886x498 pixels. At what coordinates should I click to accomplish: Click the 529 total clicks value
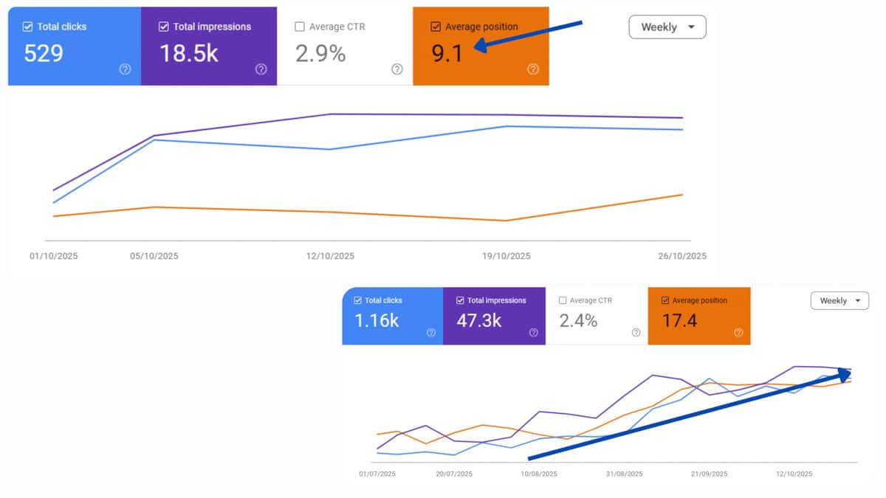43,53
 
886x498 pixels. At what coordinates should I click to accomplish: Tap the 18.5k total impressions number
189,53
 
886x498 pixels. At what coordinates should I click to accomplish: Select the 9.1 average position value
447,53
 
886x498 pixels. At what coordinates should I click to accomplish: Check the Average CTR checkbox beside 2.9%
299,27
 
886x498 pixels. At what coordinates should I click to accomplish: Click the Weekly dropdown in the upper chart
667,27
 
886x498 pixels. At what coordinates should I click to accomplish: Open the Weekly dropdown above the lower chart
839,300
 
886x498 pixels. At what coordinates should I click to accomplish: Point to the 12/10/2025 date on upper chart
329,256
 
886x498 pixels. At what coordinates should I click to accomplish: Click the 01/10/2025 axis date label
53,256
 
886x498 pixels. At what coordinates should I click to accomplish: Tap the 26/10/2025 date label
681,256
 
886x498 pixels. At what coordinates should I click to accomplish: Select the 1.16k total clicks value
377,321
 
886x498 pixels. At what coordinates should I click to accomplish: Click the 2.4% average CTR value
578,321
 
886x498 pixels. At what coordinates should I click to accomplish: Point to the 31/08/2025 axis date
624,474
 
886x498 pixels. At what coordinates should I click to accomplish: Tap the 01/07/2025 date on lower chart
377,474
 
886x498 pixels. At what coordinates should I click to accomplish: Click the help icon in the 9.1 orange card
533,69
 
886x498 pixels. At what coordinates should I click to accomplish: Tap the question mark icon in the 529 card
125,69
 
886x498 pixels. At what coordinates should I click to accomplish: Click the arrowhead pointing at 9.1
478,47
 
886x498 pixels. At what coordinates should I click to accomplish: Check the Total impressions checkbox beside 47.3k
461,300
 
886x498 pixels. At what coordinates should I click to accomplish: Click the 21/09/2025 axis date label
709,474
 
